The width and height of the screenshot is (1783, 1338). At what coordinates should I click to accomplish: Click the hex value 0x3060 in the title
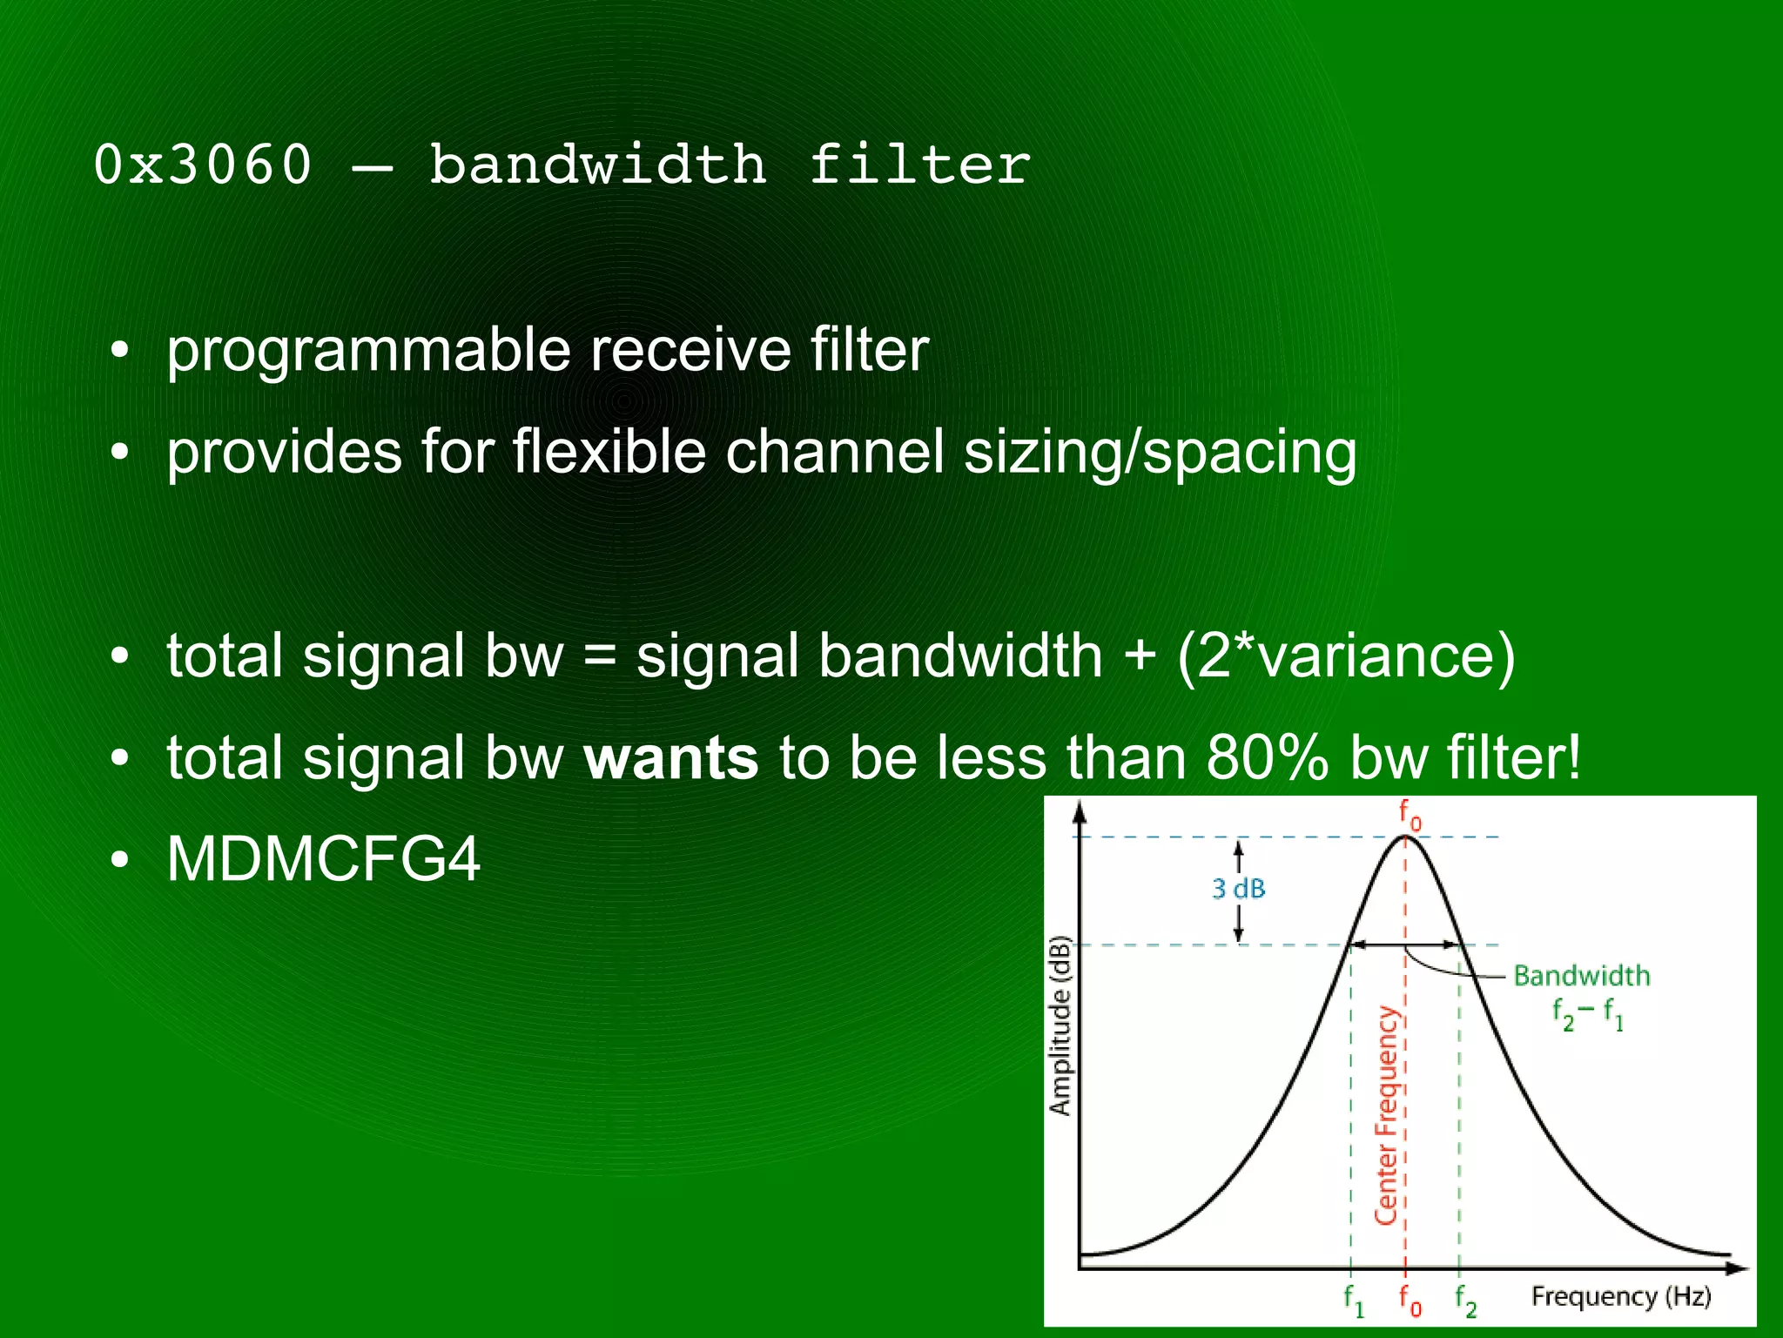202,165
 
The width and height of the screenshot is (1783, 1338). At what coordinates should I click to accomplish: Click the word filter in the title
919,165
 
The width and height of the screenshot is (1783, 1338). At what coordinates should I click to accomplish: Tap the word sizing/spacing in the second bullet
1160,453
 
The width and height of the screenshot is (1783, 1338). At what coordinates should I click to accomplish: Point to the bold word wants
670,757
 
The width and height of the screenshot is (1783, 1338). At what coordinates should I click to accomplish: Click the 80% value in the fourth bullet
1268,757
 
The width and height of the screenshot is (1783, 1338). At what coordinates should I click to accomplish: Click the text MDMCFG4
323,859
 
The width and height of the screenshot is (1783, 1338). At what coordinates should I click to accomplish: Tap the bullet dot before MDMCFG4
120,860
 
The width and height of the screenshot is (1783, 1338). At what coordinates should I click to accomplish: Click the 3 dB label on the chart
1238,889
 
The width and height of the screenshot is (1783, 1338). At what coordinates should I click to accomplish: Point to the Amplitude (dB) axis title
1059,1025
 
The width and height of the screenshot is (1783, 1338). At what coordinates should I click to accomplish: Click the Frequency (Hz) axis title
1621,1296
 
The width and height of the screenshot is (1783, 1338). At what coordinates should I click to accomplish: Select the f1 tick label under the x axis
1352,1300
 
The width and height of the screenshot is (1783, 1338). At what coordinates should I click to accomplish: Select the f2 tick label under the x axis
1465,1300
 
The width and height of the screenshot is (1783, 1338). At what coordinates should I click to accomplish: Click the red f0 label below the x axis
1410,1300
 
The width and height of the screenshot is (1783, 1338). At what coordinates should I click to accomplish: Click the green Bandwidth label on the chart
1581,976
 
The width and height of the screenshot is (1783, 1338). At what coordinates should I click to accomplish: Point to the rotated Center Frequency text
1385,1116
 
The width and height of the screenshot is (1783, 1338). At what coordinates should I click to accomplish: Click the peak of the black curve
1405,837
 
